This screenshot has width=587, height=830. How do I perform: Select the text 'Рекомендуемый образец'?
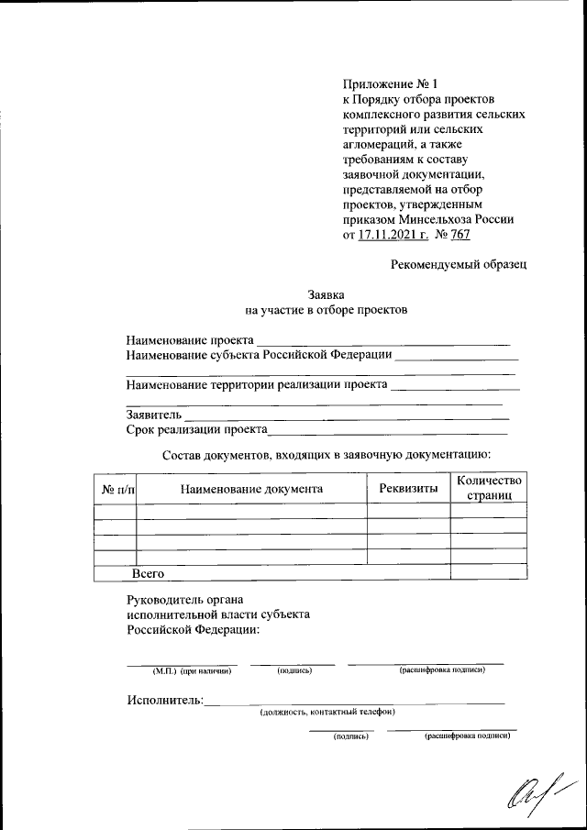(459, 264)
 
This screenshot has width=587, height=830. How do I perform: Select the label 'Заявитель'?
(154, 415)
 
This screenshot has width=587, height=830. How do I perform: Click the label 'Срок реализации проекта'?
(196, 428)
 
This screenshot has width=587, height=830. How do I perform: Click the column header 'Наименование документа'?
(251, 489)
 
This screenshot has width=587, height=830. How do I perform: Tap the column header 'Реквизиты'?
(408, 489)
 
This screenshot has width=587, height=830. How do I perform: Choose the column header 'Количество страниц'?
(489, 488)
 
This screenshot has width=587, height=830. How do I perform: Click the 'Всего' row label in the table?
(148, 572)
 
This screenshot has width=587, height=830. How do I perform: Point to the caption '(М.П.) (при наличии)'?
(192, 670)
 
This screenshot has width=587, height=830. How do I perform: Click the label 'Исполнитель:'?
(164, 701)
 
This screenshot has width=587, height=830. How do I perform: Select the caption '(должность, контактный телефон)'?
(327, 712)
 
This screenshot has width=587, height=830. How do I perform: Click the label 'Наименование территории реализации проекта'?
(256, 384)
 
